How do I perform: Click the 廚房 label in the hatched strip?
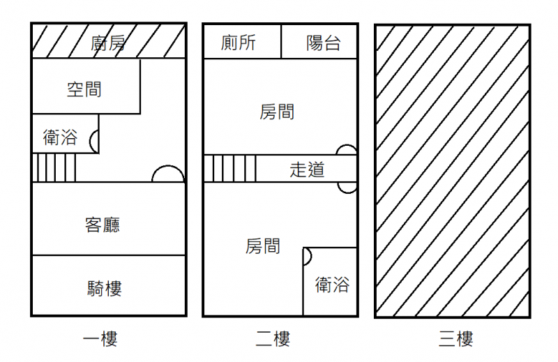(108, 43)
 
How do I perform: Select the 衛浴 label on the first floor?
(60, 137)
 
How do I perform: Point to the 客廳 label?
(103, 225)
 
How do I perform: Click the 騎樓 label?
(105, 288)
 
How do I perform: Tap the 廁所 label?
(238, 43)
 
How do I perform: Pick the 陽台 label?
(324, 43)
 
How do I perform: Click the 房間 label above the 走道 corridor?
(277, 112)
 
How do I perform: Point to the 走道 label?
(307, 169)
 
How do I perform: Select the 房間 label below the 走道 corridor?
(263, 246)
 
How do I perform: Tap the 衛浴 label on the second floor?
(332, 285)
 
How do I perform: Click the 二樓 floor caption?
(273, 340)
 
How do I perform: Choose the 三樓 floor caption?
(456, 340)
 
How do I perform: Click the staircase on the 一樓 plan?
(54, 167)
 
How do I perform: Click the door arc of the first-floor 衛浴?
(94, 142)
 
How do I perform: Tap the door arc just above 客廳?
(168, 174)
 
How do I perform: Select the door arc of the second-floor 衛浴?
(307, 256)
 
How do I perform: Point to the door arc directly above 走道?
(347, 150)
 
